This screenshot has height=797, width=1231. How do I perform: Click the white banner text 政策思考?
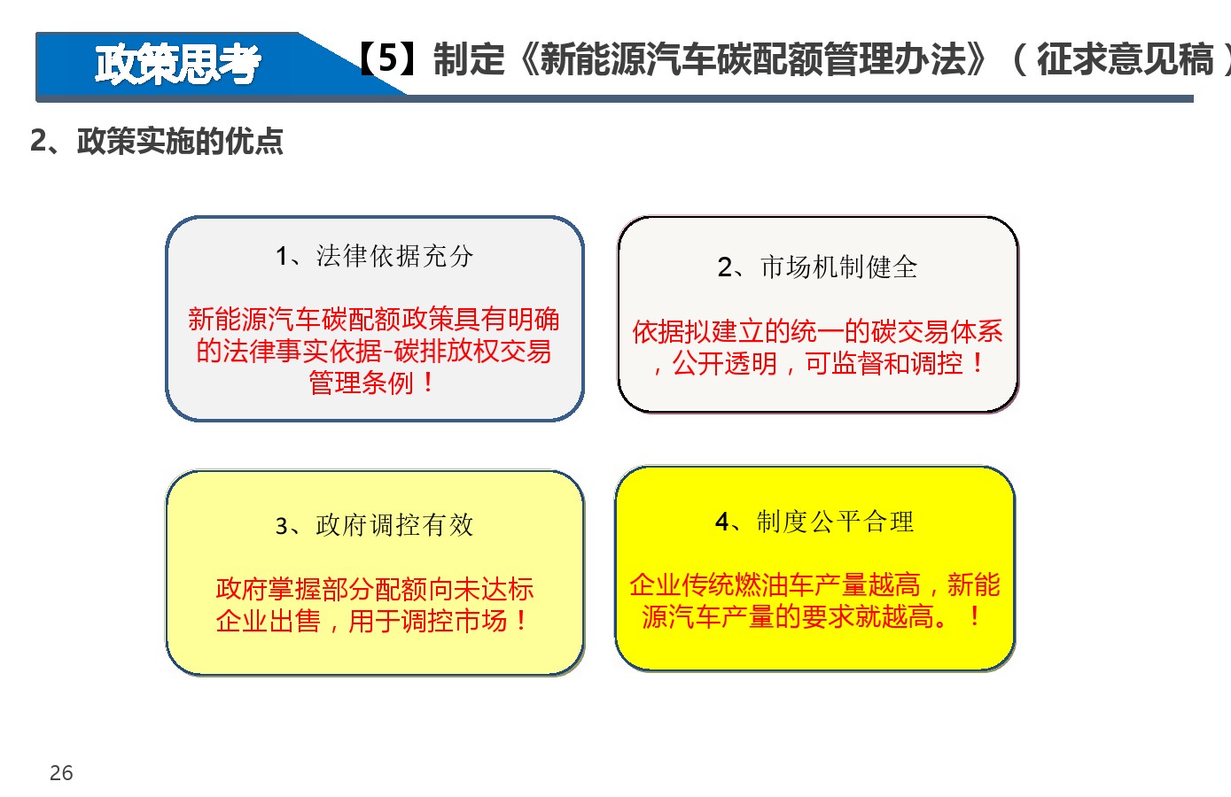pyautogui.click(x=177, y=65)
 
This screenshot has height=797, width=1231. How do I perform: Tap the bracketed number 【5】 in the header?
pyautogui.click(x=387, y=58)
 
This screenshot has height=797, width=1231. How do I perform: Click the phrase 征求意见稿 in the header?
pyautogui.click(x=1126, y=58)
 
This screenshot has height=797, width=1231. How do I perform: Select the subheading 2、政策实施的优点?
pyautogui.click(x=157, y=141)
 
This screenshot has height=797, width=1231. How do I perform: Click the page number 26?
pyautogui.click(x=61, y=773)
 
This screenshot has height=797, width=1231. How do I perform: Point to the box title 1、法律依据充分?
pyautogui.click(x=374, y=256)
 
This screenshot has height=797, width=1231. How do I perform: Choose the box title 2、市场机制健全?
pyautogui.click(x=817, y=267)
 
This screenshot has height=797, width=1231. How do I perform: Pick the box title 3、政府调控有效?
pyautogui.click(x=374, y=525)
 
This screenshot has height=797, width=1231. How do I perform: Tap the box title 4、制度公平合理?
pyautogui.click(x=814, y=522)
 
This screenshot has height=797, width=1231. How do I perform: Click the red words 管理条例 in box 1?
pyautogui.click(x=361, y=383)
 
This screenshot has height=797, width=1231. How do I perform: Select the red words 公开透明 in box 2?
pyautogui.click(x=725, y=364)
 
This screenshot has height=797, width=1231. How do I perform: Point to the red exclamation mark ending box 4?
pyautogui.click(x=974, y=616)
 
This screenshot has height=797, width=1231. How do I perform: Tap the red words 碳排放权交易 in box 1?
pyautogui.click(x=472, y=351)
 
